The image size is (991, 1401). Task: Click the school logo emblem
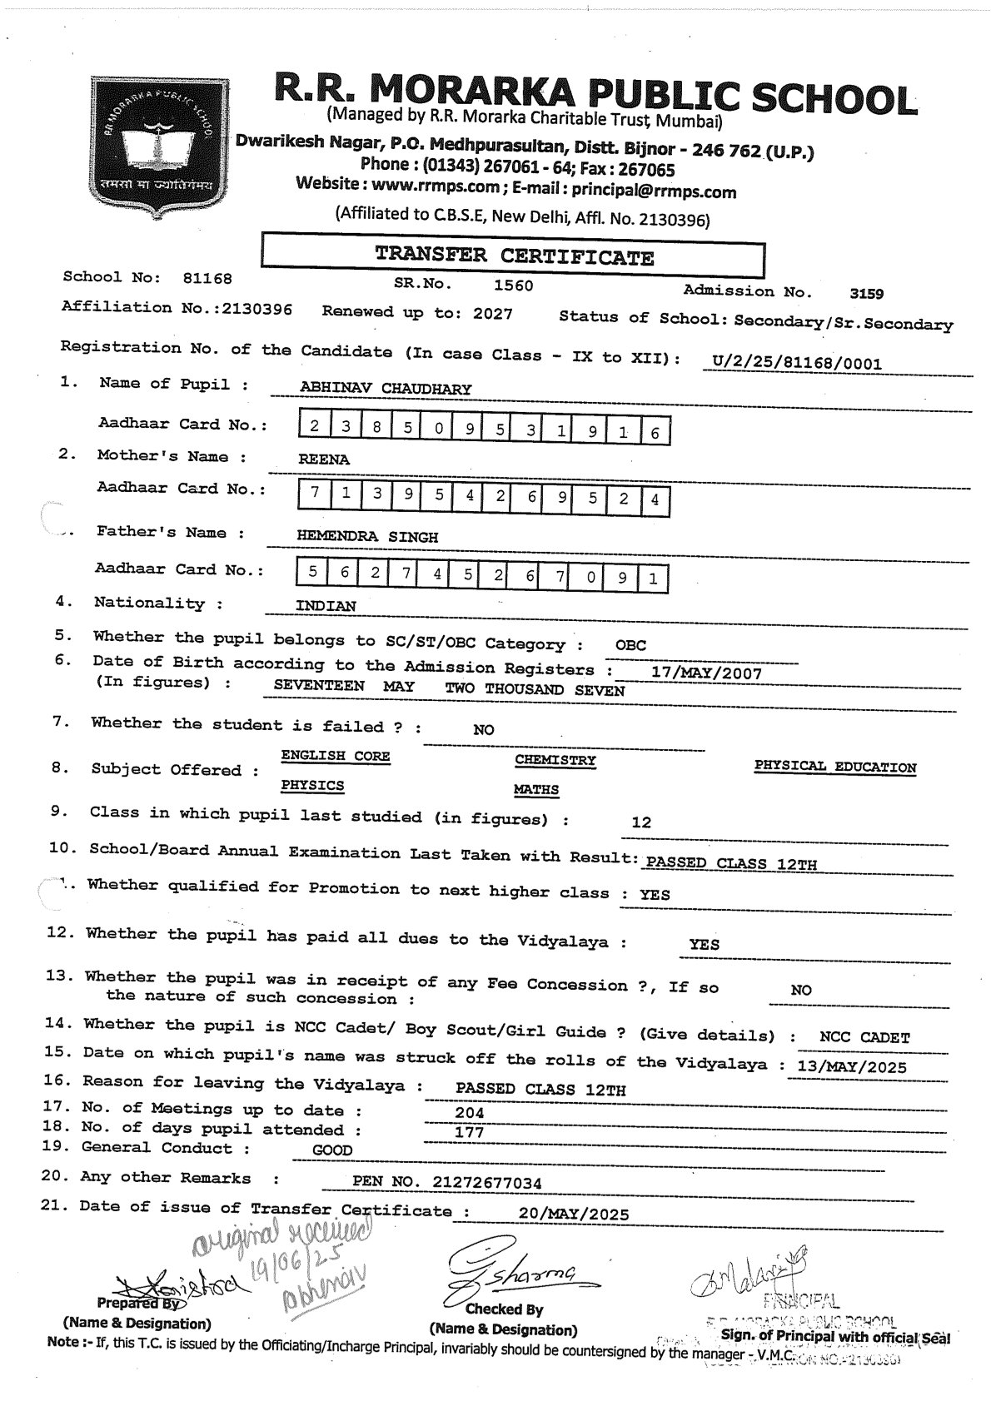point(152,147)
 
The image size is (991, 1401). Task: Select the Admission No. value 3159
point(866,293)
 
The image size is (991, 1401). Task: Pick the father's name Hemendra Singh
point(367,537)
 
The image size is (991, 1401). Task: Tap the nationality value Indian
point(326,606)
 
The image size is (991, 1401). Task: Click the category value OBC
point(630,645)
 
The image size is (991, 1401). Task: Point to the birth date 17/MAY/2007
point(706,673)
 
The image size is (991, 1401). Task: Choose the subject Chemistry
point(555,761)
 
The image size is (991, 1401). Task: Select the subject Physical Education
point(834,768)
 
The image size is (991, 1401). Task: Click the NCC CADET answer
point(864,1038)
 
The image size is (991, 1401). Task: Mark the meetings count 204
point(469,1113)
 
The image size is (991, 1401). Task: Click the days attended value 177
point(469,1132)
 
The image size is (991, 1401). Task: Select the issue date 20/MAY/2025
point(573,1214)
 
